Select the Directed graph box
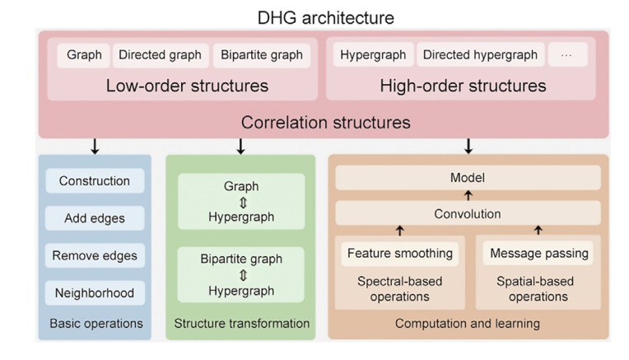pos(160,55)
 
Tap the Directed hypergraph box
pos(480,55)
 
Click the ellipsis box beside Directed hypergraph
pos(566,55)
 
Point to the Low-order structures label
pos(187,86)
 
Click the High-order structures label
pos(463,86)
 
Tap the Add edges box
pos(94,218)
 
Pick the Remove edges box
pos(95,255)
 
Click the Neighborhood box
pos(95,292)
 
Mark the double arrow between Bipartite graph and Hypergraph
pos(241,275)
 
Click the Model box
pos(468,178)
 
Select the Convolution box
pos(468,213)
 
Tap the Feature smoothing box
pos(400,254)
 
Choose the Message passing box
pos(538,254)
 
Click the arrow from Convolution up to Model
pos(468,196)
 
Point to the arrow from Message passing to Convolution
pos(538,231)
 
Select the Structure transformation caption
pos(240,324)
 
